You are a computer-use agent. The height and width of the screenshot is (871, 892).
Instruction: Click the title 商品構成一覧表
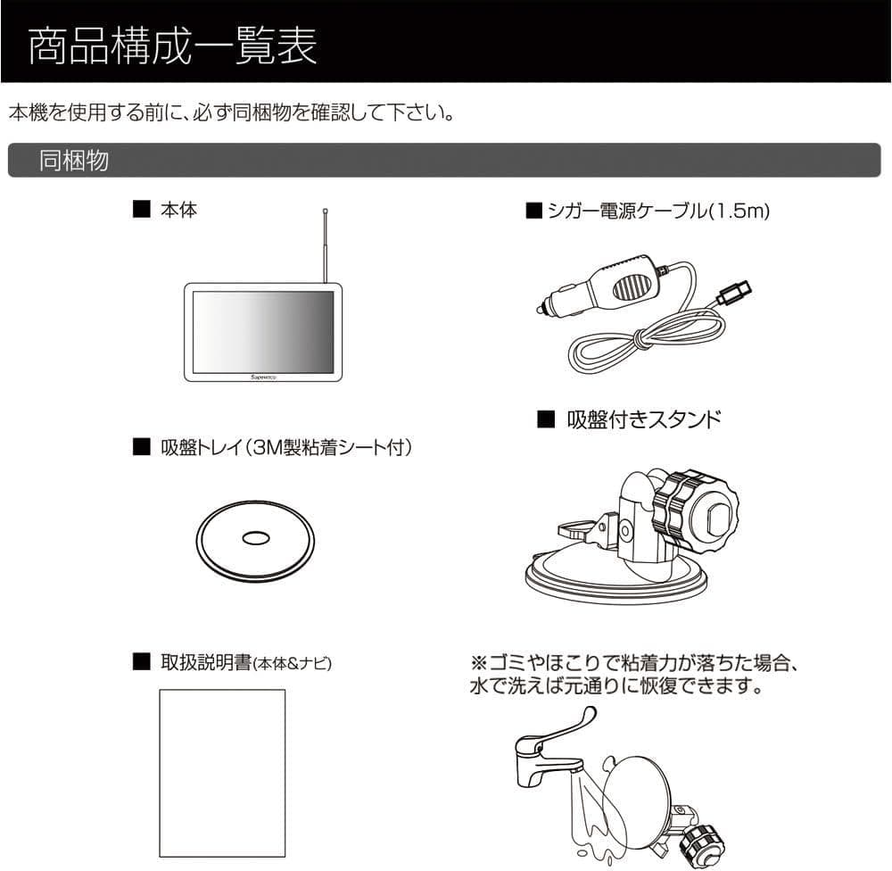point(172,48)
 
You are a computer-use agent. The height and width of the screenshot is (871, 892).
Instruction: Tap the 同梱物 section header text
point(73,161)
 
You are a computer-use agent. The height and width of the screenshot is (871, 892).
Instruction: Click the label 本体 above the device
point(178,211)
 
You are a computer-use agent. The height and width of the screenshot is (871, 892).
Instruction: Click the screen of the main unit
point(264,330)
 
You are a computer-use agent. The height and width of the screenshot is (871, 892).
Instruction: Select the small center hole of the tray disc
point(254,538)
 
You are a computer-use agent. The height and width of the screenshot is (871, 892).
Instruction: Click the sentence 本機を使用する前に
point(231,113)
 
